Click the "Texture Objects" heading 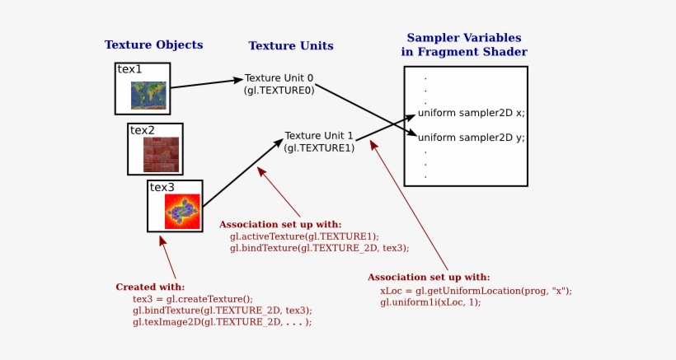coord(153,45)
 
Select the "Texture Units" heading coord(290,46)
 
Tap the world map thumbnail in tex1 coord(149,96)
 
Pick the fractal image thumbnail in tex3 coord(182,212)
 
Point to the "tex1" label coord(129,70)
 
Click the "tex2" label coord(142,130)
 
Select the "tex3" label coord(162,187)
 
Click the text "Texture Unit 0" coord(279,78)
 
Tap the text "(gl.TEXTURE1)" coord(319,147)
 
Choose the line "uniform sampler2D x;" coord(471,113)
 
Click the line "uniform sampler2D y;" coord(471,138)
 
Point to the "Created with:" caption coord(150,287)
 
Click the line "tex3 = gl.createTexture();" coord(193,298)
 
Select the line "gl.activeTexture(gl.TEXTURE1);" coord(305,236)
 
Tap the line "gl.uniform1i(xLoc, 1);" coord(430,302)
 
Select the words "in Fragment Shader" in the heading coord(464,52)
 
